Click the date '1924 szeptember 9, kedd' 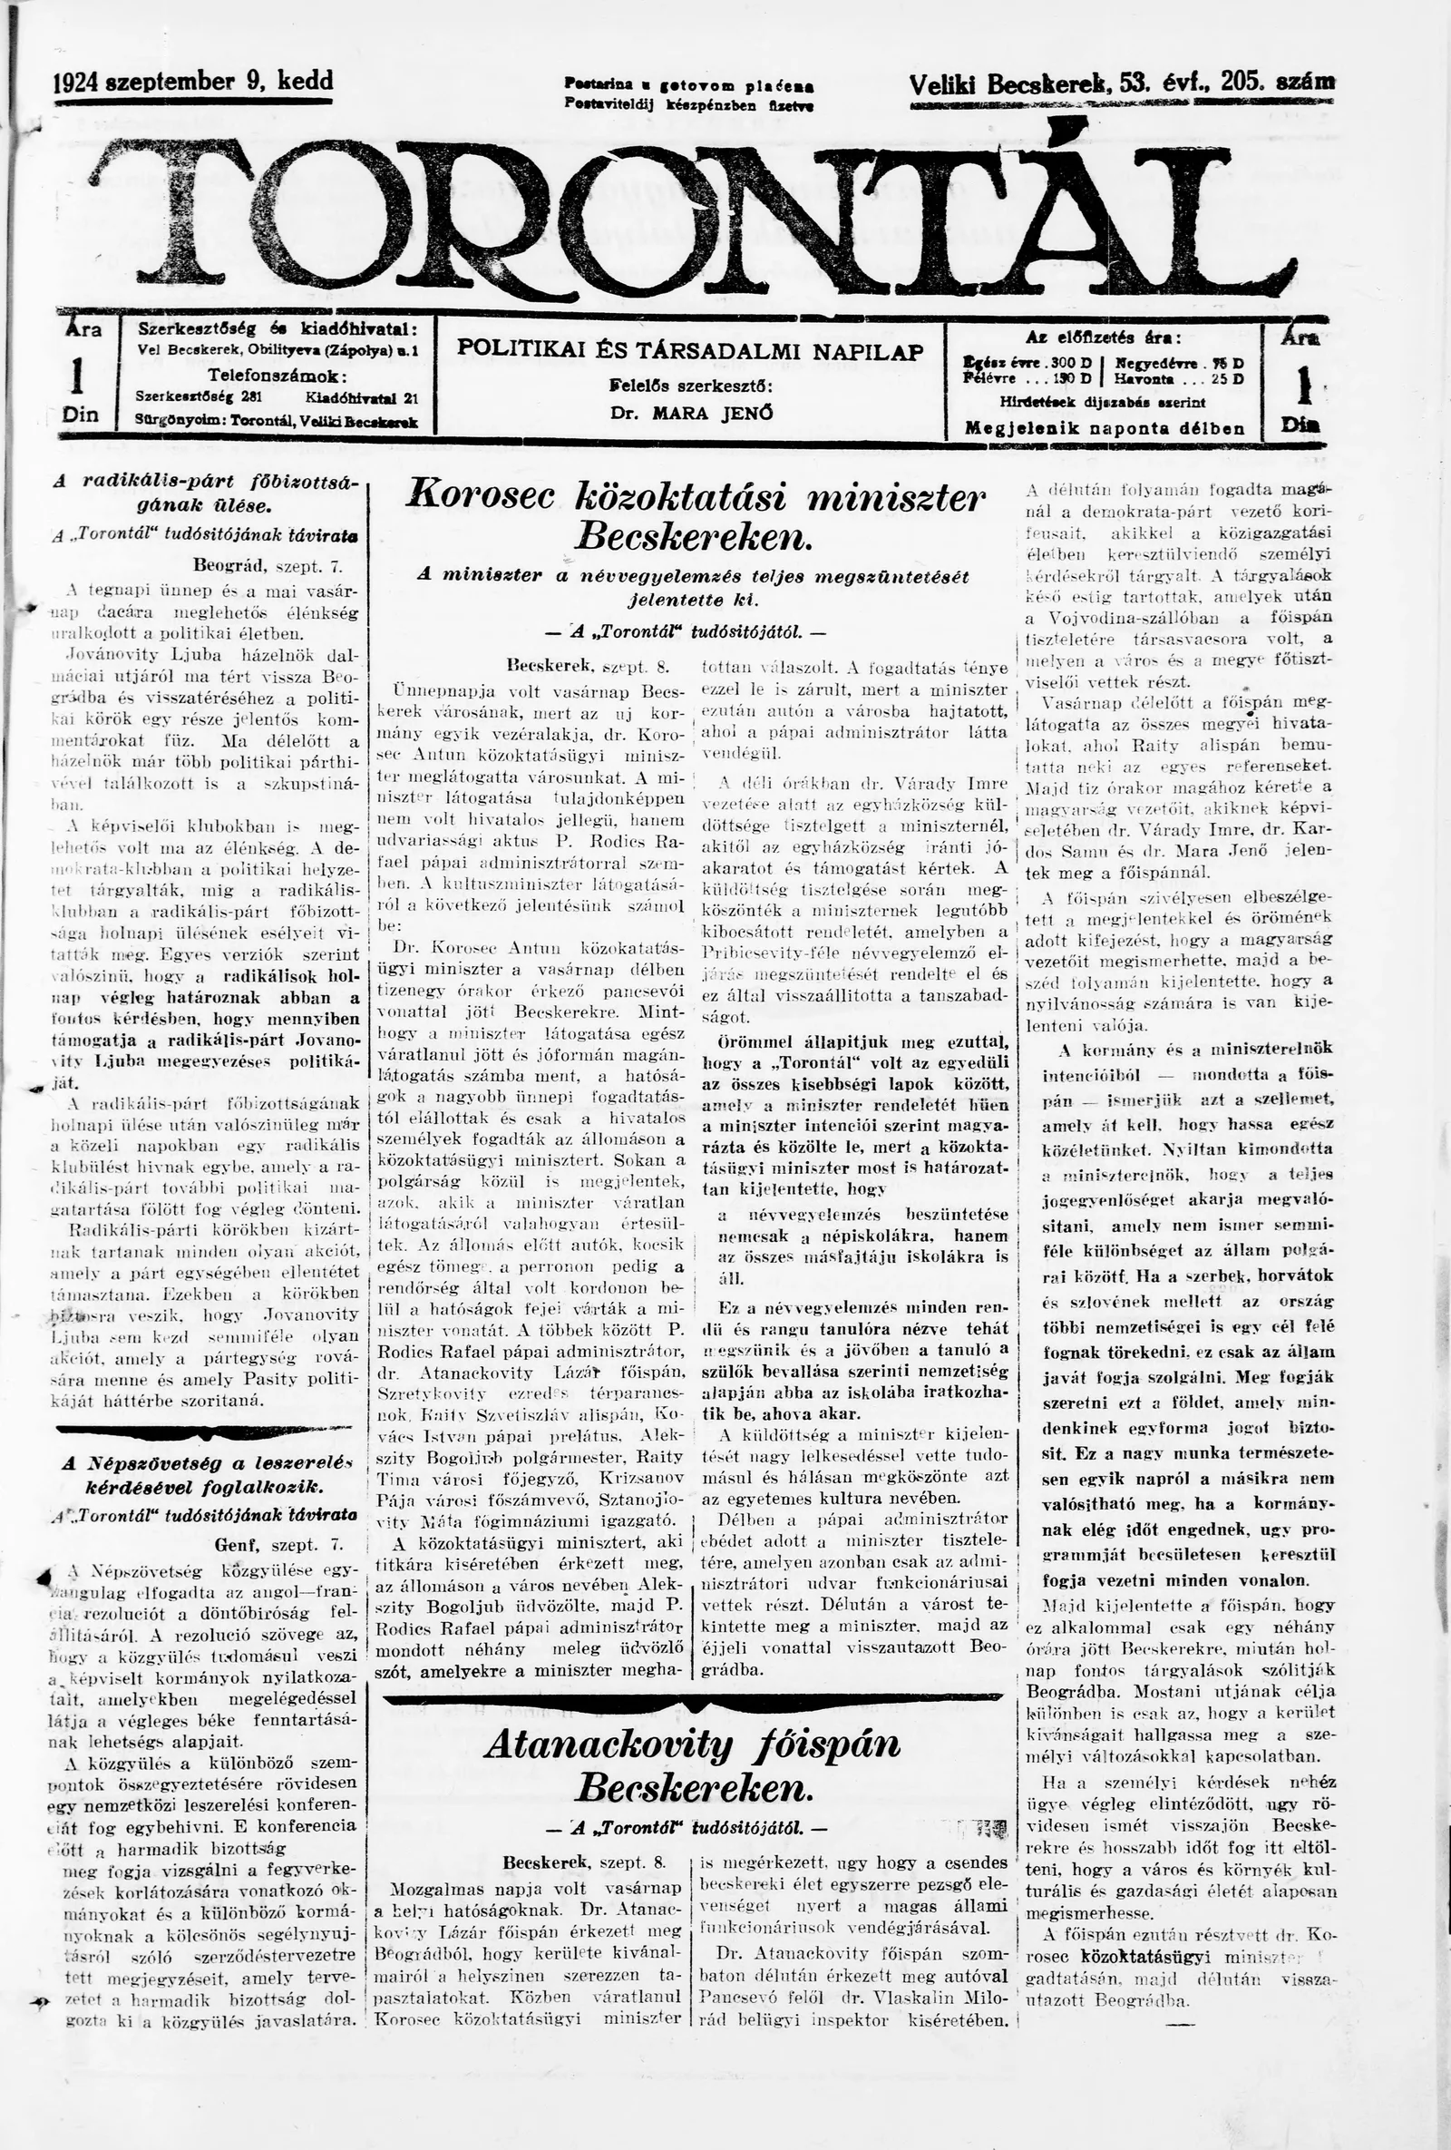pos(193,82)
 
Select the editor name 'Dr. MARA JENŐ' pos(691,414)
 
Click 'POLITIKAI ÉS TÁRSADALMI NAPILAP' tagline pos(691,352)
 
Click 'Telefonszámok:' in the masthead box pos(278,376)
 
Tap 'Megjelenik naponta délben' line pos(1105,429)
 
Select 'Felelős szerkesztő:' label pos(691,386)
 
